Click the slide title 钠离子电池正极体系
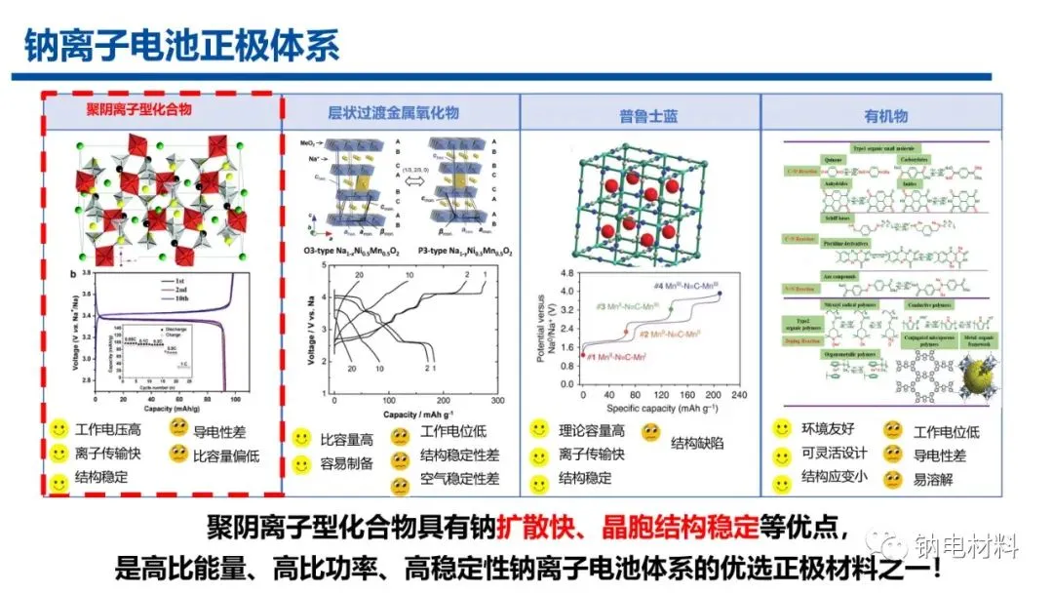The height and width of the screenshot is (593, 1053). pyautogui.click(x=182, y=46)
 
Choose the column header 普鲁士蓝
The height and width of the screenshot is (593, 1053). pyautogui.click(x=648, y=116)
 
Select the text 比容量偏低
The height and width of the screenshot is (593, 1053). pyautogui.click(x=227, y=455)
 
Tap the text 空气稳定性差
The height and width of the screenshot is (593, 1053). pyautogui.click(x=460, y=479)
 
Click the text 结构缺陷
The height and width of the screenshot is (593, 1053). pyautogui.click(x=697, y=442)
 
